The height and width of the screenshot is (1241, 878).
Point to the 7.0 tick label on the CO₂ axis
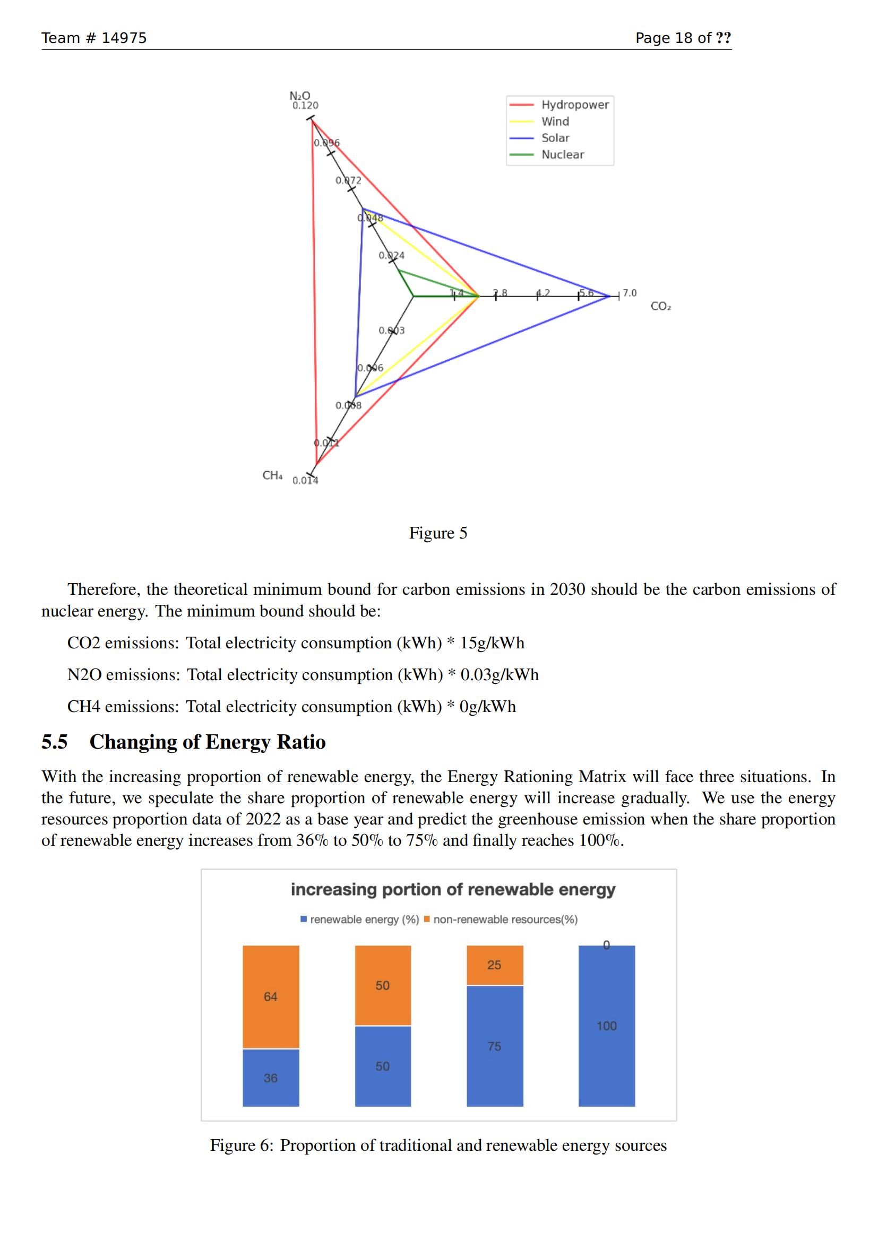[630, 293]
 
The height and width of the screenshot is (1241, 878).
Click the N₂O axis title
[299, 96]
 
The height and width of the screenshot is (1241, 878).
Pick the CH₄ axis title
[272, 475]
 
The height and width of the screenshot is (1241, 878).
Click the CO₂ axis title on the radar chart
[660, 307]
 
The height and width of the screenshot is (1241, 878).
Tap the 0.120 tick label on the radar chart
[305, 106]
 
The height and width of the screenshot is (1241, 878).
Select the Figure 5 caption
[438, 533]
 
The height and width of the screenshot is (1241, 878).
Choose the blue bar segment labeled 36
[270, 1078]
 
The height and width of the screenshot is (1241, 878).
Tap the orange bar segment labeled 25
[494, 965]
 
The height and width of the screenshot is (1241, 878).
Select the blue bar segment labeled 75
[494, 1046]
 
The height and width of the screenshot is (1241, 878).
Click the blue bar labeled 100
[606, 1026]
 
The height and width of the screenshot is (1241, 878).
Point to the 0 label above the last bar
[606, 945]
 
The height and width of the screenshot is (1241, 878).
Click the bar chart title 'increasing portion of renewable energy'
[453, 889]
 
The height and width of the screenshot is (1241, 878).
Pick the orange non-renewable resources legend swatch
[427, 919]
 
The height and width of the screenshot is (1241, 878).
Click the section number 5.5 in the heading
[55, 742]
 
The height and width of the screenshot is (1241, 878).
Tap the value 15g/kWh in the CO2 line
[492, 643]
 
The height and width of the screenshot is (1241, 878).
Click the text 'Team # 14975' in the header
[94, 38]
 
